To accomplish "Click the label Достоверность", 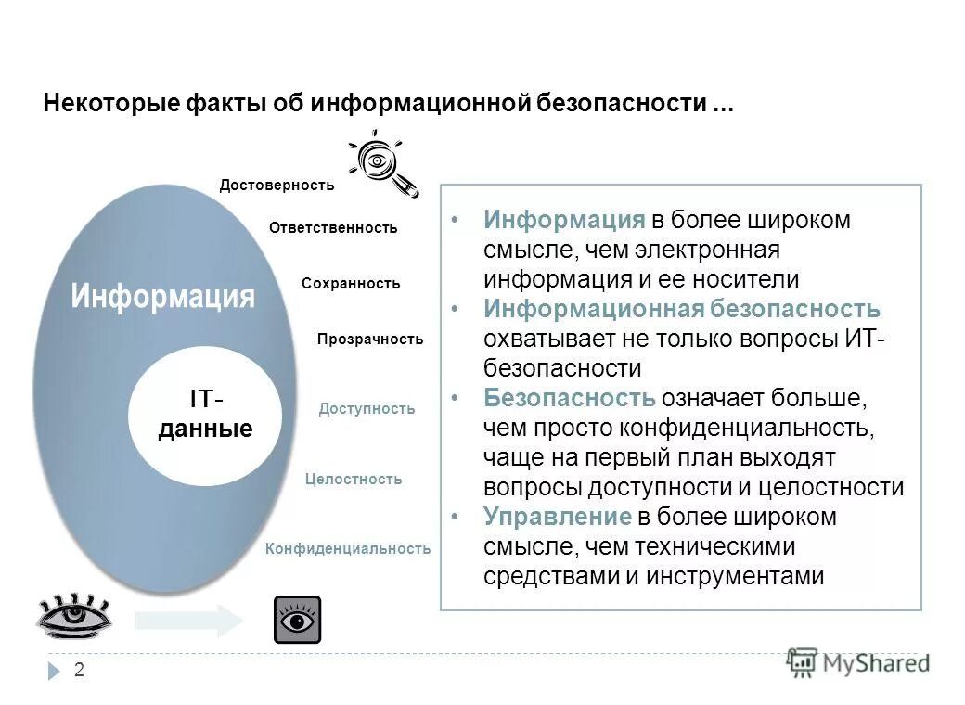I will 277,186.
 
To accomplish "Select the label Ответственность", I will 333,228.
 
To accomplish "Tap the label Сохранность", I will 351,284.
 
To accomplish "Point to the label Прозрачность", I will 369,340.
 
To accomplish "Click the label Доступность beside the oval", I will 367,409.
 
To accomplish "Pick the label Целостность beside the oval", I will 354,480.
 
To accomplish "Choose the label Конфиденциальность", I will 348,549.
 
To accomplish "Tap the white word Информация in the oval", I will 162,296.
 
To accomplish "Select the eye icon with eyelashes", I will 74,614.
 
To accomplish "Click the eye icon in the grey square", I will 297,620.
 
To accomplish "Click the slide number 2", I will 79,670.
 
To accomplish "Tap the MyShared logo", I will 858,662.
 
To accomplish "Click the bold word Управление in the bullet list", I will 557,518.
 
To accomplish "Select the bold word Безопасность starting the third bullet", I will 570,399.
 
